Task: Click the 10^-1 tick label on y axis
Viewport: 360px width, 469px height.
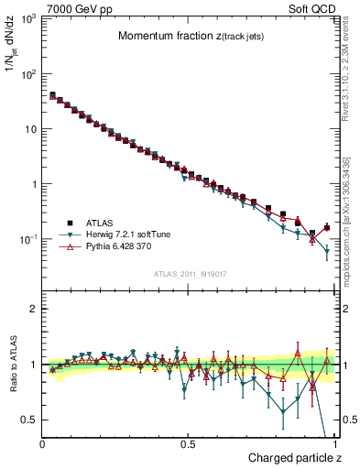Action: tap(27, 239)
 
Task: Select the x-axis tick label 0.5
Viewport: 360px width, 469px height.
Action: tap(188, 443)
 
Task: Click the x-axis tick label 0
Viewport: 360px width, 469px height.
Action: tap(43, 443)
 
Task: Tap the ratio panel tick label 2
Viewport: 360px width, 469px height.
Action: tap(34, 309)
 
